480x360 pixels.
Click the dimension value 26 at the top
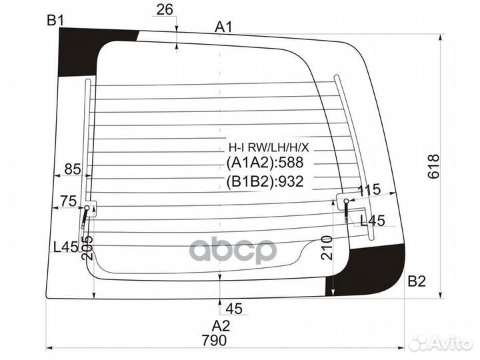[165, 9]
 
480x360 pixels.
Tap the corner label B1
[55, 21]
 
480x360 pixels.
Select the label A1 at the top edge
[223, 27]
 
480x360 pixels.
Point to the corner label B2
[417, 281]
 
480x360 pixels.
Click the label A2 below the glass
[221, 326]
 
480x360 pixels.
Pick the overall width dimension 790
[214, 340]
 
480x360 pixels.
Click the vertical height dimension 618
[433, 167]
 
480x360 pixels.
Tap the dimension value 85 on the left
[73, 169]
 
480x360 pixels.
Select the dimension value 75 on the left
[68, 201]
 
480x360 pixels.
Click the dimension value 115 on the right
[369, 191]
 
